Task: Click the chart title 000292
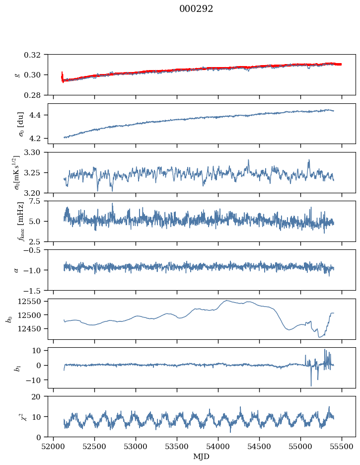click(196, 9)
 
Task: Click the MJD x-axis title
click(201, 456)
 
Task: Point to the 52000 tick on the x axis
click(54, 446)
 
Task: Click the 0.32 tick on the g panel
click(35, 55)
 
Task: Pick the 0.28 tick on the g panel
click(35, 95)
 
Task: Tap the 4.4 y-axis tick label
click(38, 115)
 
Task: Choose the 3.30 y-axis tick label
click(35, 153)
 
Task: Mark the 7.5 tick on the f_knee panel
click(38, 201)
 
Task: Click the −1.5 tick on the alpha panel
click(34, 290)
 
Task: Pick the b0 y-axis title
click(8, 318)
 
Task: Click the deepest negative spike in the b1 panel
click(311, 386)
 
